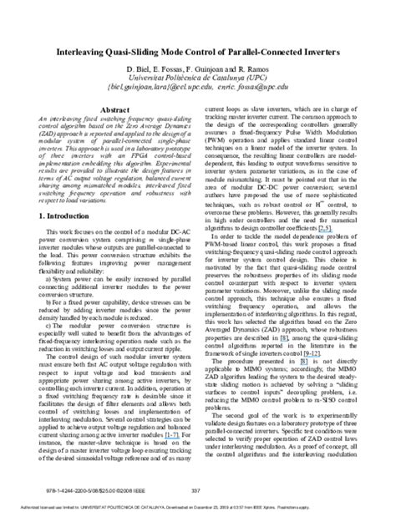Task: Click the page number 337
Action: coord(197,490)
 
